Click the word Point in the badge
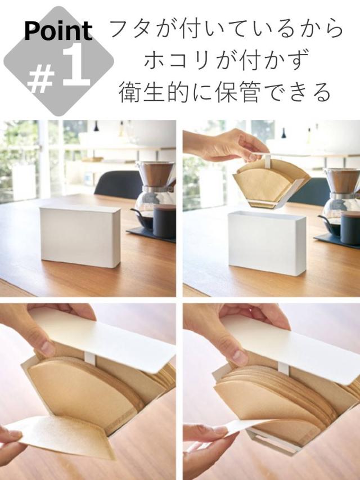coord(58,31)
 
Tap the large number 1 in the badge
coord(76,65)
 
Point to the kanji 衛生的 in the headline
coord(154,92)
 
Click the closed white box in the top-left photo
coord(80,236)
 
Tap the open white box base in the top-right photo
coord(267,243)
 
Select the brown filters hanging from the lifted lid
coord(269,183)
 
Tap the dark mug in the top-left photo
coord(164,221)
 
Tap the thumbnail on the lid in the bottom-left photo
coord(48,348)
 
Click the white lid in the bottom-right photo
coord(291,349)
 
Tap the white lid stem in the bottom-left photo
coord(91,359)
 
